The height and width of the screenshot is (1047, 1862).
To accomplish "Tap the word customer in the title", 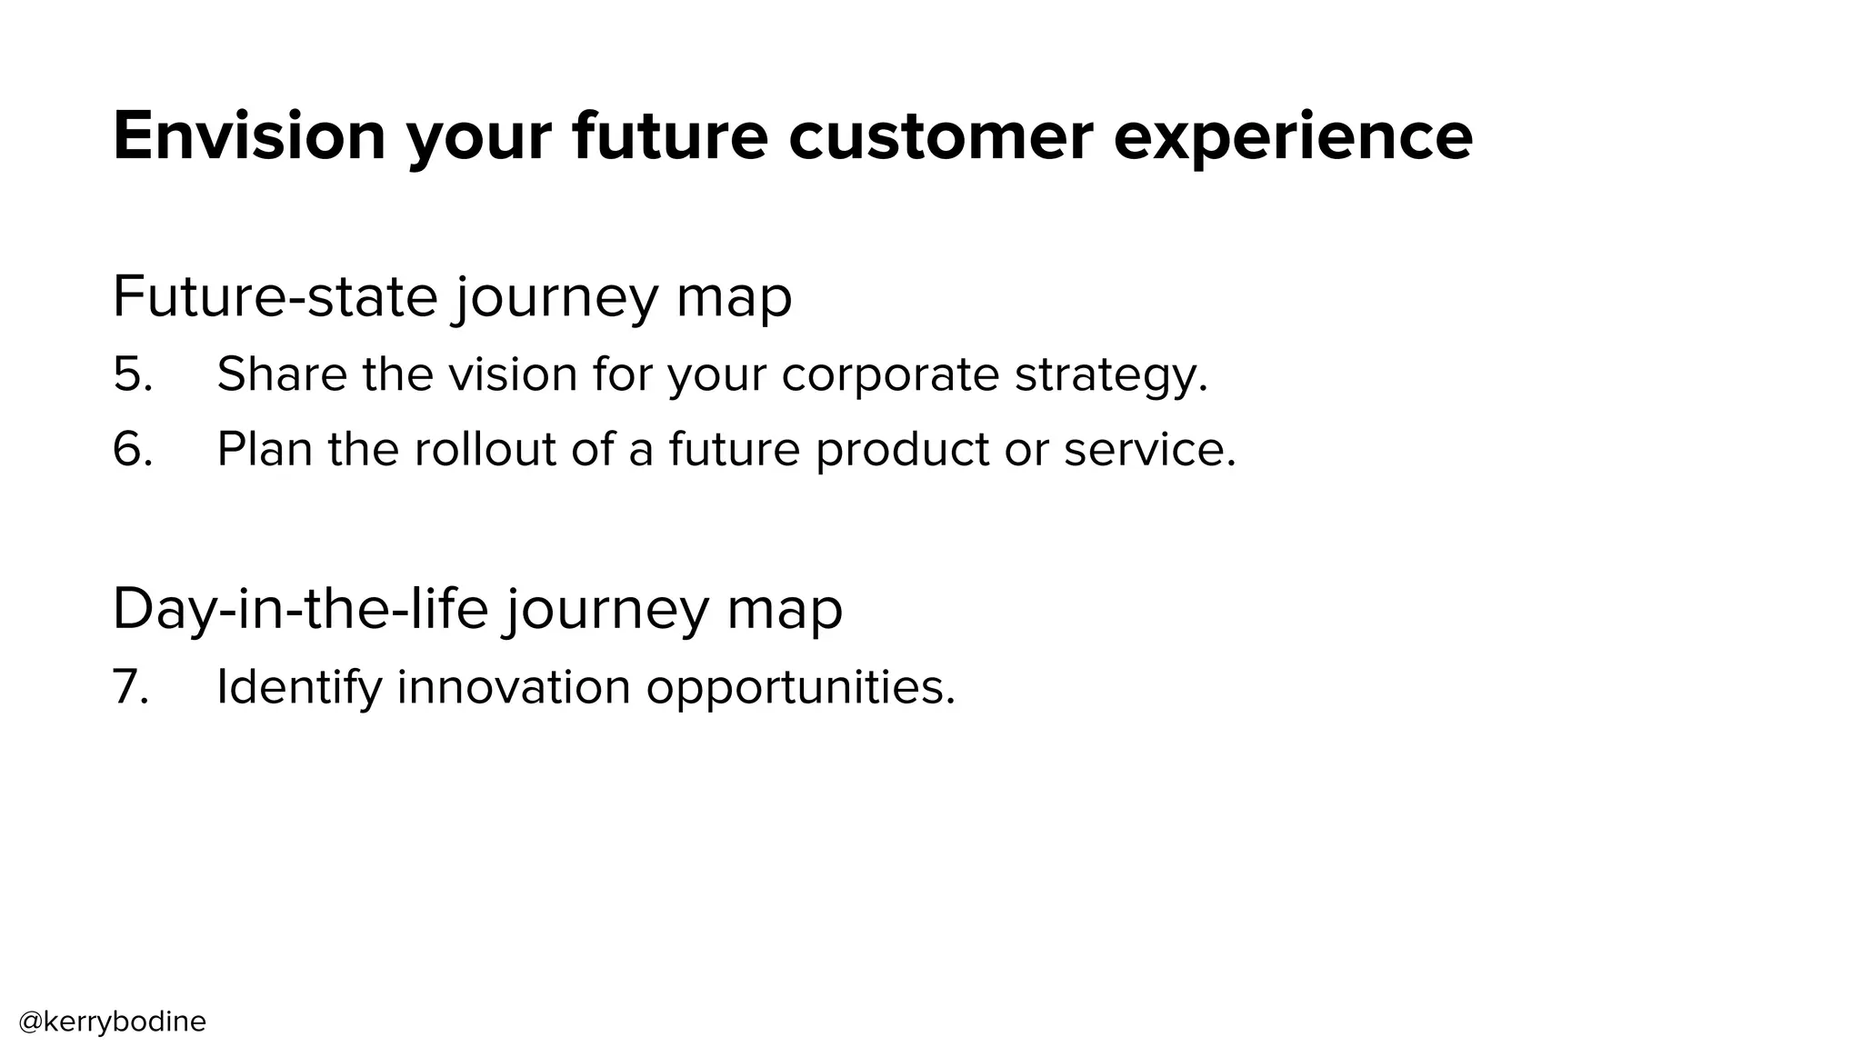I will (940, 136).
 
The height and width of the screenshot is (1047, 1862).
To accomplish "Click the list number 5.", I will (132, 374).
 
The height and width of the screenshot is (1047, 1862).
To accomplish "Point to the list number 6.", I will (132, 449).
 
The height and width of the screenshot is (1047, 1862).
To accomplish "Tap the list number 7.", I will (130, 687).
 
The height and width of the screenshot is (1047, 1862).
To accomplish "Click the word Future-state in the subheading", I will (275, 296).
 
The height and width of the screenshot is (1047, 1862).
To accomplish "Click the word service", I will (1149, 449).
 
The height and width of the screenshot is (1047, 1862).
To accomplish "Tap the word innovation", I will (514, 687).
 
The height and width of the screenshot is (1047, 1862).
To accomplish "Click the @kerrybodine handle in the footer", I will (113, 1022).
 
